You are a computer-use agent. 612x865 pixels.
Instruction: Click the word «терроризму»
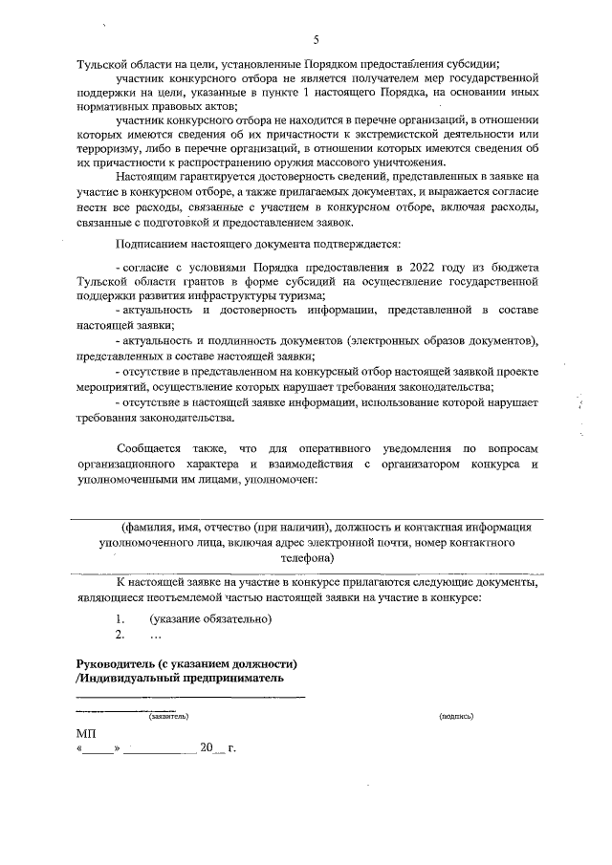pyautogui.click(x=107, y=145)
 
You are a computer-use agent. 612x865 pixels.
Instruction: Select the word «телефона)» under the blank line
pyautogui.click(x=306, y=556)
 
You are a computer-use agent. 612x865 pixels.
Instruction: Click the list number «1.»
pyautogui.click(x=120, y=617)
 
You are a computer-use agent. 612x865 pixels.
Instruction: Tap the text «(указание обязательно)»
pyautogui.click(x=204, y=617)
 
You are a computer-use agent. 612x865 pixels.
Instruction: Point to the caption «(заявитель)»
pyautogui.click(x=168, y=716)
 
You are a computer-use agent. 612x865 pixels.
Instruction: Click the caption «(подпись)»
pyautogui.click(x=456, y=716)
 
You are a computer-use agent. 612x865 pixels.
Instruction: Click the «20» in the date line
pyautogui.click(x=205, y=748)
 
